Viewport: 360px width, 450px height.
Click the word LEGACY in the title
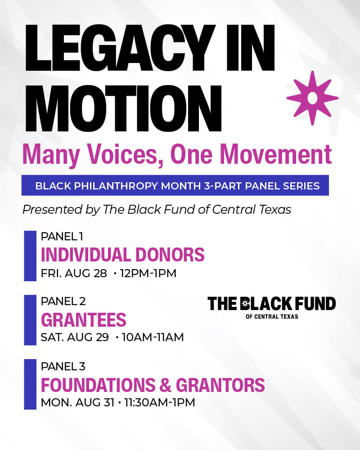(x=121, y=48)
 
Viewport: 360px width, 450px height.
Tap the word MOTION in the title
(x=123, y=108)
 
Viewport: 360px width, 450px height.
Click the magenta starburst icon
(x=312, y=98)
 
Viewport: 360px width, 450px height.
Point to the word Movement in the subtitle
(x=276, y=154)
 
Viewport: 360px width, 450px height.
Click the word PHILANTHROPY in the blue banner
(x=116, y=186)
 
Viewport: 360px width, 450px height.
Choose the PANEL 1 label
(x=62, y=237)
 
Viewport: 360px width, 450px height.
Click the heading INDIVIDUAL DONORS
(x=122, y=255)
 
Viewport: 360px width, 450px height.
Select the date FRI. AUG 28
(x=74, y=273)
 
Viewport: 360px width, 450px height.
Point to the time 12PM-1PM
(x=148, y=273)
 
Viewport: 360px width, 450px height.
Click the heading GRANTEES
(x=84, y=319)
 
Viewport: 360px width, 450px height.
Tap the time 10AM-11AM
(x=153, y=337)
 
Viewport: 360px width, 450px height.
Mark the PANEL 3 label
(x=63, y=366)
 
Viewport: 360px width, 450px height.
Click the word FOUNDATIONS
(x=98, y=385)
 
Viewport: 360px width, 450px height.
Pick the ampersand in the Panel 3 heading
(x=166, y=385)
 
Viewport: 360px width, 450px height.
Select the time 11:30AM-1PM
(x=160, y=402)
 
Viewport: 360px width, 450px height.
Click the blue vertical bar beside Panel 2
(x=30, y=320)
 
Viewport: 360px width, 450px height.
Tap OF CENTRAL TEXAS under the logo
(x=272, y=316)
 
